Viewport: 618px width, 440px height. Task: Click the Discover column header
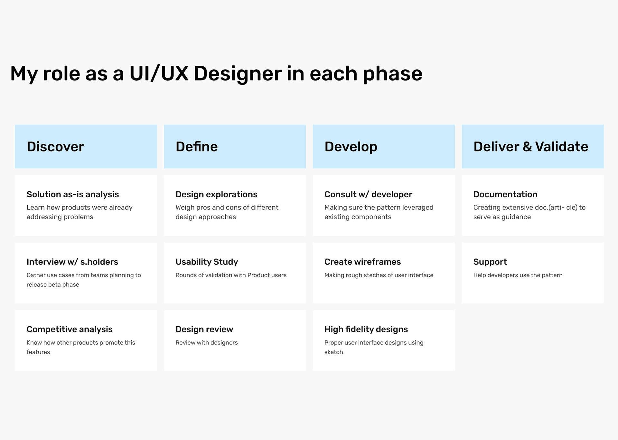[55, 147]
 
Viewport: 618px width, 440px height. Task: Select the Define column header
[197, 147]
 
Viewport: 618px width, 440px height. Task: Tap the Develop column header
[351, 147]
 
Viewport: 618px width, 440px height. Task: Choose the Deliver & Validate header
[530, 147]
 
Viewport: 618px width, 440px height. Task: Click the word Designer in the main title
[238, 73]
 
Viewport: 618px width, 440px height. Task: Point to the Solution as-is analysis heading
[73, 194]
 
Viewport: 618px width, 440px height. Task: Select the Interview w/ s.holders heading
[72, 262]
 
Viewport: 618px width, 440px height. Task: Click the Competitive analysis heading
[70, 329]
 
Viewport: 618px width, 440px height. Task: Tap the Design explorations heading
[216, 194]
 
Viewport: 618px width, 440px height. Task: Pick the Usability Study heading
[207, 262]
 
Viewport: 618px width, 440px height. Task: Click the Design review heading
[204, 329]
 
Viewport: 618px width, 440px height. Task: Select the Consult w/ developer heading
[368, 194]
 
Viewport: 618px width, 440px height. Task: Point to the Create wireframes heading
[362, 262]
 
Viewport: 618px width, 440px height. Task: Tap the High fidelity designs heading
[366, 329]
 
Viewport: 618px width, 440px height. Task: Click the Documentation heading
[505, 194]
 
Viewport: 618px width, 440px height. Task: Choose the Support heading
[490, 262]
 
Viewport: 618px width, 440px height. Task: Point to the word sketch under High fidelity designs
[333, 352]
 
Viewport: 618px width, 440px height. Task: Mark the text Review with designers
[207, 343]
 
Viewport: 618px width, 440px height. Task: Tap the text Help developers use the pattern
[518, 275]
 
